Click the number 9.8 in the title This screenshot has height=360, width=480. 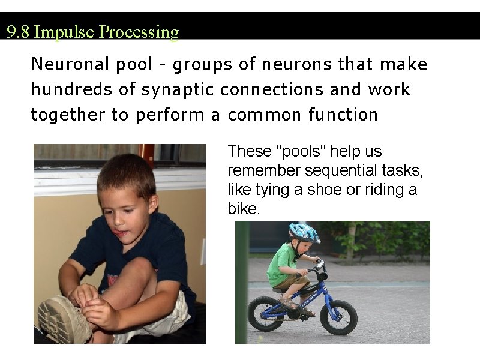(x=18, y=32)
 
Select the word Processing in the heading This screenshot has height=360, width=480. (x=139, y=32)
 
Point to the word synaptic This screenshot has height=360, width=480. (x=179, y=90)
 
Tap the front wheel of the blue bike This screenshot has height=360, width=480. (x=338, y=316)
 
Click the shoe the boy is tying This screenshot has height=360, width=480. (x=63, y=318)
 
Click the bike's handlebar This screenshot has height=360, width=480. (x=319, y=266)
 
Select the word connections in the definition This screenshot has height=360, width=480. (x=272, y=90)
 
